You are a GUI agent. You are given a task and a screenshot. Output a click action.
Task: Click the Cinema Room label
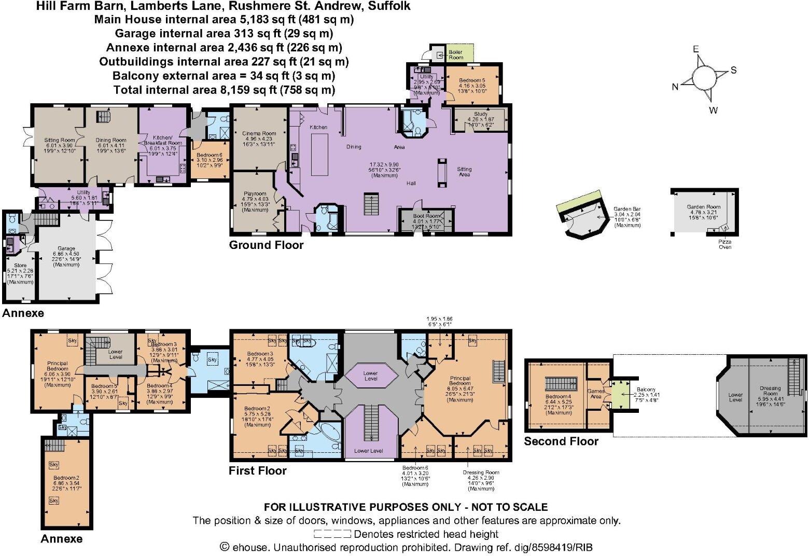point(259,133)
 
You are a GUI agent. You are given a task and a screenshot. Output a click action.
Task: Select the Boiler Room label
point(456,54)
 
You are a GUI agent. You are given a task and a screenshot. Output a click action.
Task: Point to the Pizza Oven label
point(724,244)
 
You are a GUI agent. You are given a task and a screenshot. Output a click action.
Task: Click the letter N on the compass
point(675,87)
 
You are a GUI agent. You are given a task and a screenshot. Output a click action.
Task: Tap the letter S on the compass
point(733,70)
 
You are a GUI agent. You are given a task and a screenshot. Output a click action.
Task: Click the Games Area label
point(596,394)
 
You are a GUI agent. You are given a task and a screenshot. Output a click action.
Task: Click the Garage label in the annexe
point(66,248)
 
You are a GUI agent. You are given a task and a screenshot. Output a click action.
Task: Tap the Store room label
point(20,266)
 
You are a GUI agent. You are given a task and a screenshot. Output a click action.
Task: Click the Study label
point(481,114)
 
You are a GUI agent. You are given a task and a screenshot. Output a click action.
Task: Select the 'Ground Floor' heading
point(266,245)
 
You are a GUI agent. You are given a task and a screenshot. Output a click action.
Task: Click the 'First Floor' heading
point(258,470)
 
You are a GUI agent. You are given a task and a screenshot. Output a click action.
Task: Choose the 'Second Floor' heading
point(561,441)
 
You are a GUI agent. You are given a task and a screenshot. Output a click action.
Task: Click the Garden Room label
point(703,206)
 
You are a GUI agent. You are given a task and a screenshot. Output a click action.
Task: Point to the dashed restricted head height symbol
point(332,534)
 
